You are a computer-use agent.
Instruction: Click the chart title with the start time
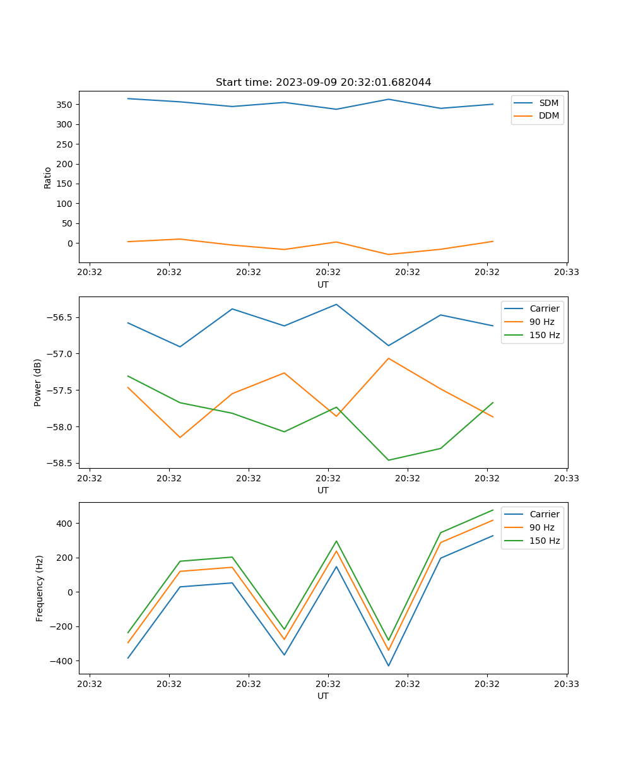(323, 83)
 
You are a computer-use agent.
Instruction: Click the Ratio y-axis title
(48, 177)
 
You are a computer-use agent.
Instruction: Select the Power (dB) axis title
(38, 382)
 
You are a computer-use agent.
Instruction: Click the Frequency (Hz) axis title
(40, 588)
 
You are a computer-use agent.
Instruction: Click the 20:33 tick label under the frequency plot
(567, 683)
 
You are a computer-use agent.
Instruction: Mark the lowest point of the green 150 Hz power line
(389, 460)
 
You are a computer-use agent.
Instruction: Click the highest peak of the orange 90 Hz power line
(389, 358)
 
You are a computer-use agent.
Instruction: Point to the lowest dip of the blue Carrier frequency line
(389, 666)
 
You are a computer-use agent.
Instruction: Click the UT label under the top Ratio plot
(323, 285)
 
